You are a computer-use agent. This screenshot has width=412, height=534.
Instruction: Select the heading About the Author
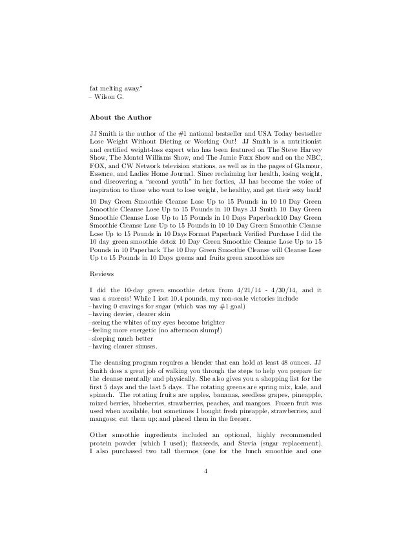(120, 118)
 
